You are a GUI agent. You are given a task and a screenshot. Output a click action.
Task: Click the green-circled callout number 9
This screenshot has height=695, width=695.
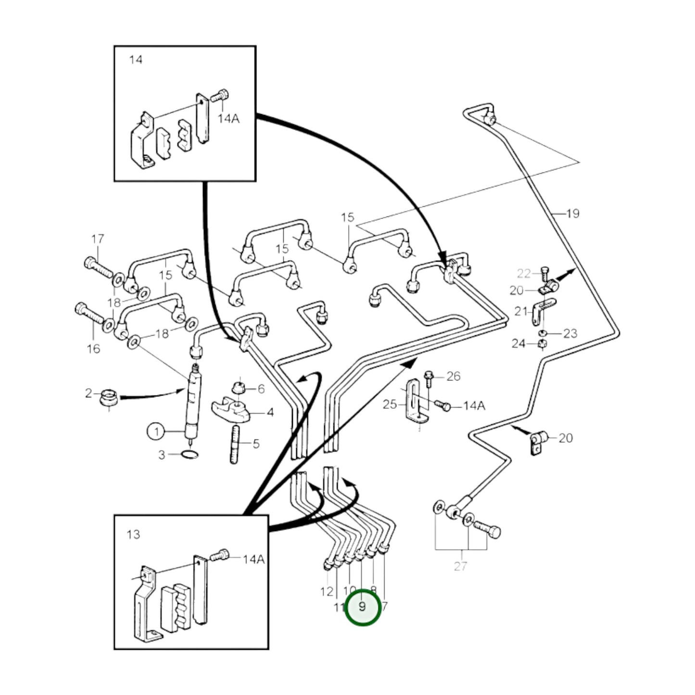point(363,607)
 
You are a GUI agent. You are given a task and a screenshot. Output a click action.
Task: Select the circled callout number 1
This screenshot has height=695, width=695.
point(156,431)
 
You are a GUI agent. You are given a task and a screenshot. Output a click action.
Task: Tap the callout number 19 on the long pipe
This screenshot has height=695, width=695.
point(572,213)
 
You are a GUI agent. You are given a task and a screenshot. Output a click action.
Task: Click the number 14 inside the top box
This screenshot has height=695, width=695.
point(136,60)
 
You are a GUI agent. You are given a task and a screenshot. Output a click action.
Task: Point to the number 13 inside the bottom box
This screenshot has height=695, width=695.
point(133,534)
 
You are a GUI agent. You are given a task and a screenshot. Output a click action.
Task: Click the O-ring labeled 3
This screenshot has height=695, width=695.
point(190,455)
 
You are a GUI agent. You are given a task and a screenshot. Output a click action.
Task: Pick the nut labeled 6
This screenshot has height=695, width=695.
point(238,388)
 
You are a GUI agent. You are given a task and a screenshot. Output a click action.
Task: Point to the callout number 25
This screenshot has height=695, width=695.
point(389,404)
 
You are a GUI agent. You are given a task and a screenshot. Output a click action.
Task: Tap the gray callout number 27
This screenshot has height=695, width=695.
point(460,566)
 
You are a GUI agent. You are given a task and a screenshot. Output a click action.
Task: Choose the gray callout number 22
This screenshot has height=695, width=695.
point(524,274)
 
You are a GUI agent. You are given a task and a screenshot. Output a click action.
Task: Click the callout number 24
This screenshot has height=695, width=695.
point(518,344)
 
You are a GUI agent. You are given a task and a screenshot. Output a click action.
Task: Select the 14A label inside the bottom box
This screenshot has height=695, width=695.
point(253,559)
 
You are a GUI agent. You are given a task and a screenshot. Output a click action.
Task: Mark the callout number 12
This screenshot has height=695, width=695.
point(327,591)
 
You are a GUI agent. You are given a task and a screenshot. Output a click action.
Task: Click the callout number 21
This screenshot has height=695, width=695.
point(521,311)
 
